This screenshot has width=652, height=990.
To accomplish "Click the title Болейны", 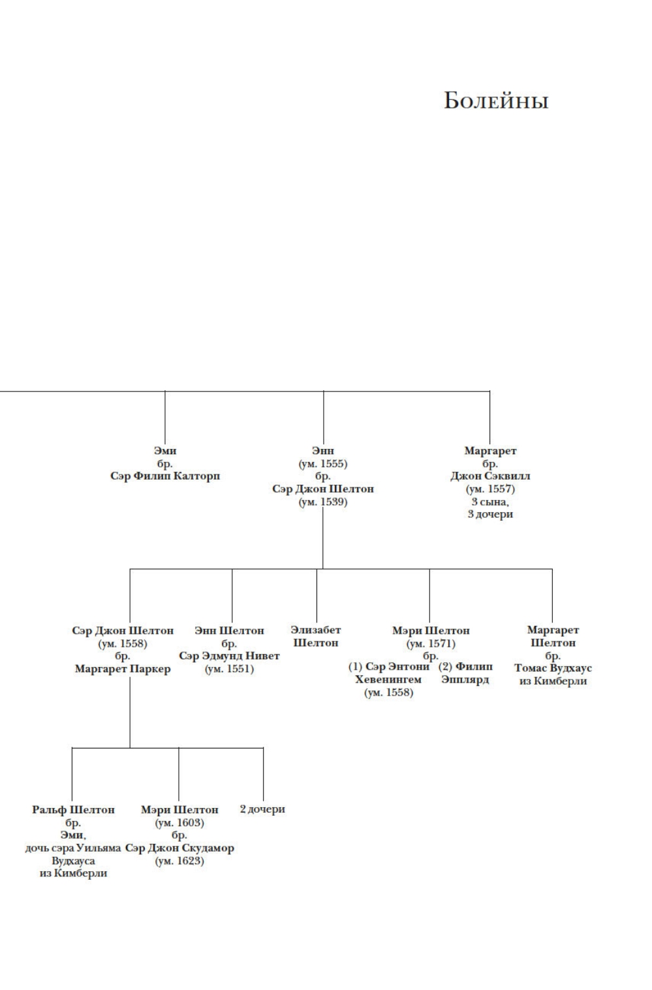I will point(496,101).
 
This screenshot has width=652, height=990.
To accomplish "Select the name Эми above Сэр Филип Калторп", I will point(165,450).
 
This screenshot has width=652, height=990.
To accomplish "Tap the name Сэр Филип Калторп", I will point(165,476).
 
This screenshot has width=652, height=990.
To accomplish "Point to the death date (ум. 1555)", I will point(323,463).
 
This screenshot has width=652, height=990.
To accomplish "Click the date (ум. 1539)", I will point(323,502).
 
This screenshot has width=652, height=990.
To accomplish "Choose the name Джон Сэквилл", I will point(490,476).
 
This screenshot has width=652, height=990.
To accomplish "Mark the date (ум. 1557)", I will point(490,489).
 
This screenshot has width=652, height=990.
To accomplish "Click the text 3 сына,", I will point(490,501).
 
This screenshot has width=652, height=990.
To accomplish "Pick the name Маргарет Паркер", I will point(123,669).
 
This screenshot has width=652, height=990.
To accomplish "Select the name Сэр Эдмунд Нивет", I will point(229,656).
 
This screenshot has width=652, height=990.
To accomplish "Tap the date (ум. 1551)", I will point(229,669).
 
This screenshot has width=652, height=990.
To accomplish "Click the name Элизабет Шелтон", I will point(316,636).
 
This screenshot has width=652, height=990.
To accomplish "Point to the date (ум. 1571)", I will point(430,643).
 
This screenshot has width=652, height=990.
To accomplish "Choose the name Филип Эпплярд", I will point(465,673).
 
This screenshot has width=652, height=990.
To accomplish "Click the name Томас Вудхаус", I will point(553,668).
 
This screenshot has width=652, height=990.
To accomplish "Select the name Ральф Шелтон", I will point(73,809).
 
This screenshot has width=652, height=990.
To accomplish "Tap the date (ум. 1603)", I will point(179,822).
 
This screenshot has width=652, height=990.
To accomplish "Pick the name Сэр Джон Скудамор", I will point(179,848).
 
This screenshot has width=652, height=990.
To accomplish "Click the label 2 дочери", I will point(262,809).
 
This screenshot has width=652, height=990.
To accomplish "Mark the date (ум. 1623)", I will point(179,861).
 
